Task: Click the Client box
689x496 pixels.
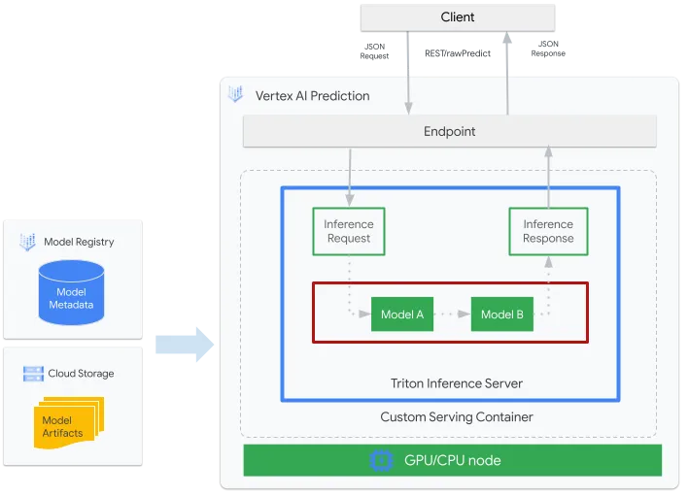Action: click(x=458, y=17)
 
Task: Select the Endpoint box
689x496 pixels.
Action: click(x=450, y=131)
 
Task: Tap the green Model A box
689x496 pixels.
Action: click(x=402, y=314)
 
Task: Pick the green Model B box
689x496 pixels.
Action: click(x=502, y=314)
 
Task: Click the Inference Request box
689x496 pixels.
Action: click(x=349, y=231)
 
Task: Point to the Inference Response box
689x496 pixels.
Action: click(x=548, y=231)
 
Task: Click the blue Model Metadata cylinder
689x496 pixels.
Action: click(x=71, y=293)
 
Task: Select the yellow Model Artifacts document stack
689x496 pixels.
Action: click(x=69, y=422)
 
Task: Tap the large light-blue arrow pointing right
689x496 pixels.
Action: click(x=185, y=345)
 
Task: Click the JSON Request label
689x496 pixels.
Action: click(x=374, y=51)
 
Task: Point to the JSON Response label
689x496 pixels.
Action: click(x=548, y=49)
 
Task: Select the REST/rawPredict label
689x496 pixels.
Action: click(x=458, y=53)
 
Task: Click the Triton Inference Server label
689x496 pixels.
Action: click(x=457, y=383)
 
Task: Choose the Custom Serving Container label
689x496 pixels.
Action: click(x=457, y=417)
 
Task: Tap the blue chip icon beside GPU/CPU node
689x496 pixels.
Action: click(x=381, y=460)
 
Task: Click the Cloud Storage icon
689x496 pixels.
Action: click(x=33, y=374)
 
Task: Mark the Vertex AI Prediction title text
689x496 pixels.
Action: click(x=312, y=96)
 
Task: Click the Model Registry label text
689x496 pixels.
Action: click(x=79, y=242)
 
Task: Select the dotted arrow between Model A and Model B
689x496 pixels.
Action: click(x=452, y=314)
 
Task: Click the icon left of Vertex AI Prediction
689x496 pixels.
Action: click(x=235, y=94)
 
